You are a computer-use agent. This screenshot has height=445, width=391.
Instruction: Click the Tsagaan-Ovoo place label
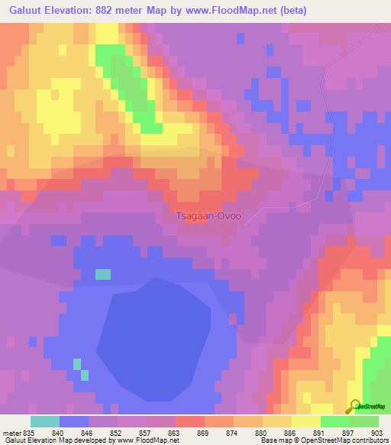click(x=208, y=216)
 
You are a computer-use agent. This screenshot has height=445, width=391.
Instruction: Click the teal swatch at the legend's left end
click(x=44, y=421)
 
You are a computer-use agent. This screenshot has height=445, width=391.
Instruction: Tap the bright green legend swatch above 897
click(x=335, y=421)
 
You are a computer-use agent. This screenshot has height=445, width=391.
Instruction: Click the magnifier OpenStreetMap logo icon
click(x=354, y=407)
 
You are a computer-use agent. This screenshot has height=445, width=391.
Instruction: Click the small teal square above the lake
click(x=102, y=274)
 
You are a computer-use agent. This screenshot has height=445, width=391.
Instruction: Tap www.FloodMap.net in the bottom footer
click(x=148, y=440)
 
